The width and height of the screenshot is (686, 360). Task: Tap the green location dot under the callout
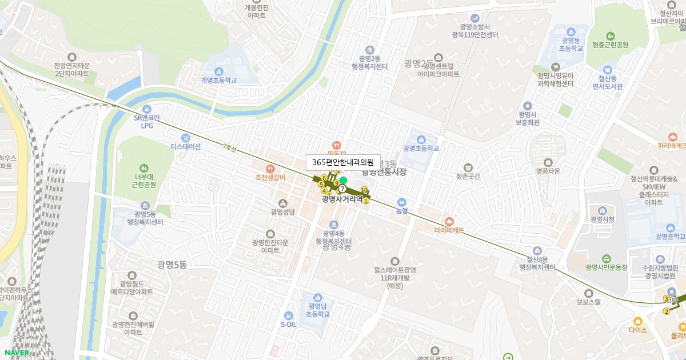point(343,181)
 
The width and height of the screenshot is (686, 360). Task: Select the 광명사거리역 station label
point(342,199)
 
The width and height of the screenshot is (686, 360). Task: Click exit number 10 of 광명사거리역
point(364,190)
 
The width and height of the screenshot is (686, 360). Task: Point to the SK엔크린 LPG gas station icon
point(147,109)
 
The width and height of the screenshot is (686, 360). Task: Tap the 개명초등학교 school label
point(218,80)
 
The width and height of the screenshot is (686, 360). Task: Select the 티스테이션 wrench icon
point(186,138)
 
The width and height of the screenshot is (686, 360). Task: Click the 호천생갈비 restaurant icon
point(270,169)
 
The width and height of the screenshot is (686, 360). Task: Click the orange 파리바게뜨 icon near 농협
point(449,221)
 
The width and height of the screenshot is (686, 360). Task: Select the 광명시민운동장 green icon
point(606,258)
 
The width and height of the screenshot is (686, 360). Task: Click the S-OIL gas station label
point(289,325)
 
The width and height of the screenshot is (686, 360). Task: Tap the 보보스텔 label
point(589,302)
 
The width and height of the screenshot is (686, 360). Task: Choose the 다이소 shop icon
point(637,321)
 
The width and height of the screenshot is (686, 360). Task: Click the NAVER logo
point(15,353)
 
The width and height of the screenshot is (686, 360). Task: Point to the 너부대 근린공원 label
point(143,181)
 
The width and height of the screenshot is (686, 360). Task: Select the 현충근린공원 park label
point(610,45)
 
